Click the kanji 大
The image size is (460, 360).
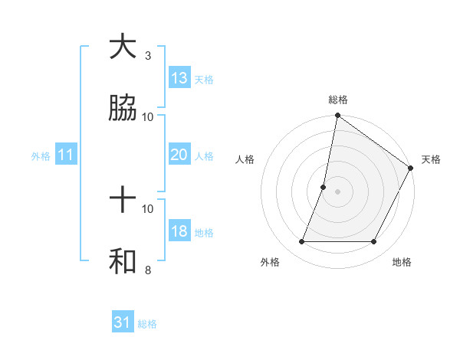[x=123, y=47]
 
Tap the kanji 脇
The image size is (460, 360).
[x=123, y=109]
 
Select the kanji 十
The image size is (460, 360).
[x=123, y=201]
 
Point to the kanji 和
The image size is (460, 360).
[x=123, y=262]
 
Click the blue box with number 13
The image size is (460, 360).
[x=179, y=78]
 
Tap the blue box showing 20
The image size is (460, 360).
[x=179, y=155]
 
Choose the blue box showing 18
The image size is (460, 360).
[x=179, y=231]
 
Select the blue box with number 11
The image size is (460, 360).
[x=66, y=155]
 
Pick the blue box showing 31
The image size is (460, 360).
[x=123, y=322]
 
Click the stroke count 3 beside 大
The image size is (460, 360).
[x=148, y=56]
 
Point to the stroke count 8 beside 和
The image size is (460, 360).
[x=148, y=270]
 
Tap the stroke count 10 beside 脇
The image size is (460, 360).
[x=148, y=116]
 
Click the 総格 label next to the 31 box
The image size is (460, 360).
[x=147, y=324]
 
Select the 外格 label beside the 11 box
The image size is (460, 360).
[x=41, y=156]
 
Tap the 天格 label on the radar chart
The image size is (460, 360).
[x=431, y=159]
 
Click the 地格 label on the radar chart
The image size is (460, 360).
[x=402, y=262]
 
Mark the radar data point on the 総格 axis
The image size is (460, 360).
[x=337, y=116]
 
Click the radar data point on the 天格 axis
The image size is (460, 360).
[x=410, y=169]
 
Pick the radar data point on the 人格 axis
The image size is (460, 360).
[x=324, y=187]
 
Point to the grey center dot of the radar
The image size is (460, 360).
[x=337, y=191]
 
